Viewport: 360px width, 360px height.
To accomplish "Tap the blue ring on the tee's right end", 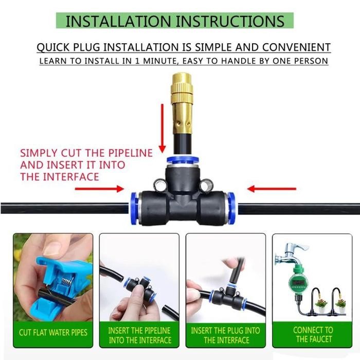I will tap(231, 208).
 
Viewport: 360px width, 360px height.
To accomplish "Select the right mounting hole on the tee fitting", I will tap(206, 184).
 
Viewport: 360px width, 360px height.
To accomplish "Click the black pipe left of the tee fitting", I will tap(62, 208).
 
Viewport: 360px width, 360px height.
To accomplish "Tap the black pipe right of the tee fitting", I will tap(298, 208).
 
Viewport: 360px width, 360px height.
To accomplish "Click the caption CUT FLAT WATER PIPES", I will tap(53, 332).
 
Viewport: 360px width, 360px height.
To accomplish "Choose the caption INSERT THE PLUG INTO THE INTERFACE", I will tap(225, 335).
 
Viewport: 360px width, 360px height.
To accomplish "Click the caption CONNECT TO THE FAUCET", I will tap(313, 334).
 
